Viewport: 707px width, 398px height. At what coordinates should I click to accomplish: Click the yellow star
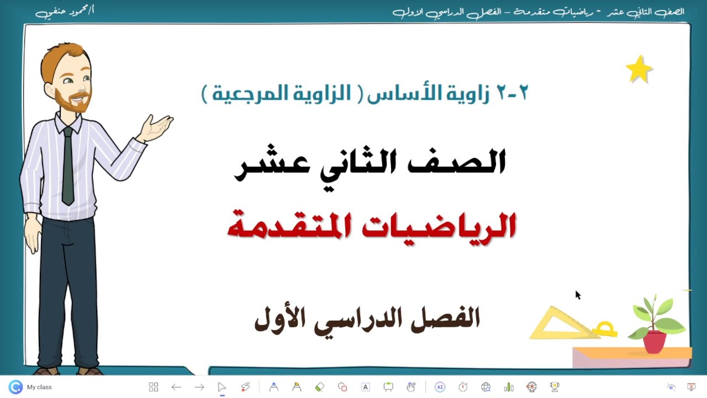639,70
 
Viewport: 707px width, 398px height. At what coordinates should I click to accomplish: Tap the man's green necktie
67,166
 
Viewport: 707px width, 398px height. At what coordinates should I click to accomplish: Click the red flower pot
655,341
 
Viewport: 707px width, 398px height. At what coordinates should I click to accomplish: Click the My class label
39,387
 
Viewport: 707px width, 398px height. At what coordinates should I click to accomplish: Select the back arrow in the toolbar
176,387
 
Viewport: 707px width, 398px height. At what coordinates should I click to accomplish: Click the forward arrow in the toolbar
199,387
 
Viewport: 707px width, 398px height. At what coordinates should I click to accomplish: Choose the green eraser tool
319,387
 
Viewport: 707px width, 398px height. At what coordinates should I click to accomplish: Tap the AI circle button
440,387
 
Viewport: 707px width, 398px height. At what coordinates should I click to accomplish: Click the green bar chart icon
509,387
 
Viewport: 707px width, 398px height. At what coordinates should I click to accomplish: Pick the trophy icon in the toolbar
555,387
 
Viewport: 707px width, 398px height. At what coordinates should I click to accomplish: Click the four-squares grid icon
154,387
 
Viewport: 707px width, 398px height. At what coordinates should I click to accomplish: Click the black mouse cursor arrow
577,295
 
